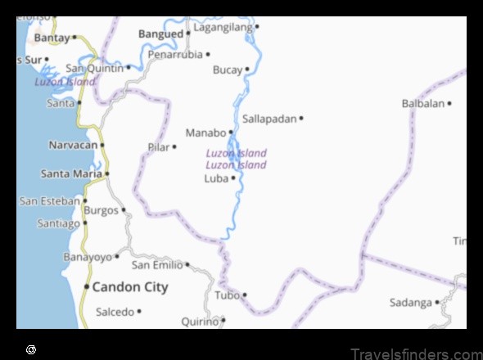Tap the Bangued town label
click(x=160, y=34)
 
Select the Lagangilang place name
click(x=223, y=27)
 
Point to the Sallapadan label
click(x=269, y=119)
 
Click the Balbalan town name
click(x=422, y=103)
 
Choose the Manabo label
click(x=205, y=133)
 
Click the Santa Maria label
click(x=71, y=173)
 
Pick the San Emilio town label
click(x=157, y=264)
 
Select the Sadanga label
click(x=410, y=303)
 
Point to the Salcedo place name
click(x=115, y=312)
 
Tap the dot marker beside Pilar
click(x=174, y=147)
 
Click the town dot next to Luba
click(x=233, y=178)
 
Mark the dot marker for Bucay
click(x=247, y=70)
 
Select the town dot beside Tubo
click(x=244, y=295)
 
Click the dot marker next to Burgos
click(x=124, y=210)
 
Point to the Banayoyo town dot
click(x=117, y=257)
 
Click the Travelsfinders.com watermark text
click(x=415, y=353)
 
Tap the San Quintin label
click(x=96, y=68)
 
